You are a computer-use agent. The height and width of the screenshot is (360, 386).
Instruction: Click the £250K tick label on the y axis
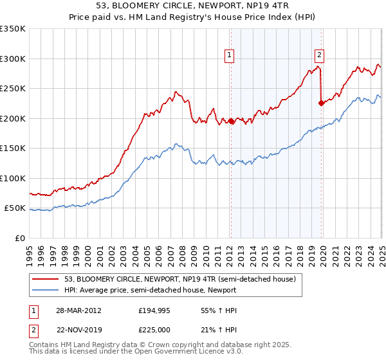pyautogui.click(x=13, y=89)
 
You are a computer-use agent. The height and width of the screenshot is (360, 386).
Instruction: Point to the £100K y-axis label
pyautogui.click(x=13, y=179)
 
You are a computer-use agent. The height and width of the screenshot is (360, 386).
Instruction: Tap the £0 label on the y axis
pyautogui.click(x=19, y=239)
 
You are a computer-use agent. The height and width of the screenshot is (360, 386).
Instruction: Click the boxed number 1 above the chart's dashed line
pyautogui.click(x=230, y=56)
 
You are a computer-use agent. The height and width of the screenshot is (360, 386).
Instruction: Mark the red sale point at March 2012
pyautogui.click(x=231, y=121)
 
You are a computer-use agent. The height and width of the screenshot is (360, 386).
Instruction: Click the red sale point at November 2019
pyautogui.click(x=322, y=103)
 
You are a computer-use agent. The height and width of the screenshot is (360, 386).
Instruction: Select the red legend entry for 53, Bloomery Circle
pyautogui.click(x=179, y=279)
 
